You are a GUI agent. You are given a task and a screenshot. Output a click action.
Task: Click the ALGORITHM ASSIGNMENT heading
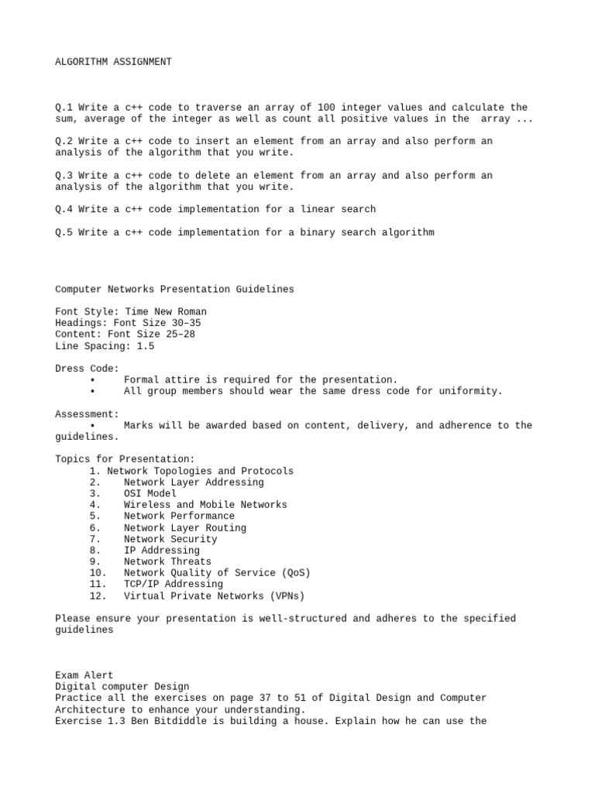(x=113, y=61)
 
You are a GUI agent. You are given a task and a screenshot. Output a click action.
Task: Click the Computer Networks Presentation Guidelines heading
(x=174, y=289)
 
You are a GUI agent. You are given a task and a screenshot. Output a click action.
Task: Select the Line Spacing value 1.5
(x=146, y=346)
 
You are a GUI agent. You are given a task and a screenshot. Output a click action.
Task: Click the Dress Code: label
(x=87, y=369)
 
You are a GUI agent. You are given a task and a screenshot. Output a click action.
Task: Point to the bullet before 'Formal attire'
(x=92, y=380)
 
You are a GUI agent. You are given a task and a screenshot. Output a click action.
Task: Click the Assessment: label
(x=87, y=414)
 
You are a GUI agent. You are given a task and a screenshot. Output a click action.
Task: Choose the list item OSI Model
(x=150, y=493)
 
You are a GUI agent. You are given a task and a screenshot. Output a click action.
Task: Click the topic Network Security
(x=170, y=539)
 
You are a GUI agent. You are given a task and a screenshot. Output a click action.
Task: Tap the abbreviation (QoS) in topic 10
(x=294, y=573)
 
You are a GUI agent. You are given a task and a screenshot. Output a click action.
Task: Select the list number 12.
(x=98, y=596)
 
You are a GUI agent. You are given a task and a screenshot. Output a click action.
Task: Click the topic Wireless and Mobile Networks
(x=205, y=505)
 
